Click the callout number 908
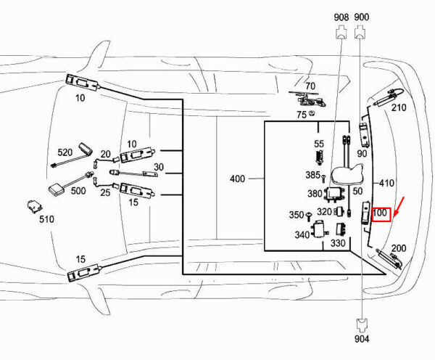tap(341, 17)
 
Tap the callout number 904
tap(362, 339)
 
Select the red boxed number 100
tap(381, 214)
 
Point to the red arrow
tap(399, 206)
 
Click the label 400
tap(238, 179)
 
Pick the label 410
tap(386, 183)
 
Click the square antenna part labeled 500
tap(57, 191)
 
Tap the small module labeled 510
tap(35, 206)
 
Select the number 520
tap(65, 152)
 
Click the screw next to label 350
tap(309, 216)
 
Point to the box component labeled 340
tap(319, 229)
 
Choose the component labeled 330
tap(341, 229)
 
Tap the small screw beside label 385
tap(323, 178)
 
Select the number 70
tap(310, 86)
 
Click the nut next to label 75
tap(312, 113)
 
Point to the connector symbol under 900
tap(360, 31)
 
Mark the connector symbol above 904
tap(362, 326)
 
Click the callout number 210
tap(399, 107)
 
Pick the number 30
tap(159, 167)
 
